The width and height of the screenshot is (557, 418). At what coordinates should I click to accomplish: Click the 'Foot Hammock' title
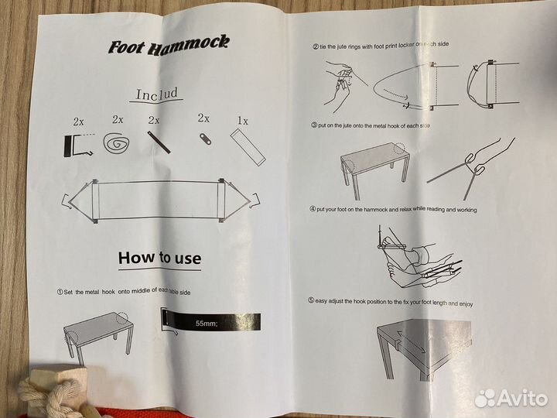point(169,46)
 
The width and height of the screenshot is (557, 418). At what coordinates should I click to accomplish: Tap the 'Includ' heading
point(156,94)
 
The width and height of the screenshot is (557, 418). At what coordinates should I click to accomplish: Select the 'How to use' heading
point(159,258)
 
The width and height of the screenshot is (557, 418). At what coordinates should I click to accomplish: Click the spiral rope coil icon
point(116,143)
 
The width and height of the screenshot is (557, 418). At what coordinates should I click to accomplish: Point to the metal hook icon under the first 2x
point(77,146)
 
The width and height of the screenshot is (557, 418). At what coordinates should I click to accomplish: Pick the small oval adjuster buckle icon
point(205,139)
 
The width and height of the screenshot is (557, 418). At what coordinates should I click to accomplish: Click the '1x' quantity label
point(243,121)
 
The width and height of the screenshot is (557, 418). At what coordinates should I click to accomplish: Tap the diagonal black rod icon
point(159,142)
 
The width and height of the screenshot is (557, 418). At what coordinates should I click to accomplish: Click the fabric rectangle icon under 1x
point(248,146)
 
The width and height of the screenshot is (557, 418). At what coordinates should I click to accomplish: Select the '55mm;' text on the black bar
point(206,324)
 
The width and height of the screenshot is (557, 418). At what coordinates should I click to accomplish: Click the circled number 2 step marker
point(316,46)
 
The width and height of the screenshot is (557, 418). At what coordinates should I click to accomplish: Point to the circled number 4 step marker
point(313,209)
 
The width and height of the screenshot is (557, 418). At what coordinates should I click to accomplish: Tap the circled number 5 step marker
point(311,300)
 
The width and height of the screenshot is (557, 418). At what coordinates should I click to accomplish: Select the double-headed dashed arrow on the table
point(411,341)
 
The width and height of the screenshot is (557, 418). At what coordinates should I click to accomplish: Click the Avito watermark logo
point(511,398)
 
